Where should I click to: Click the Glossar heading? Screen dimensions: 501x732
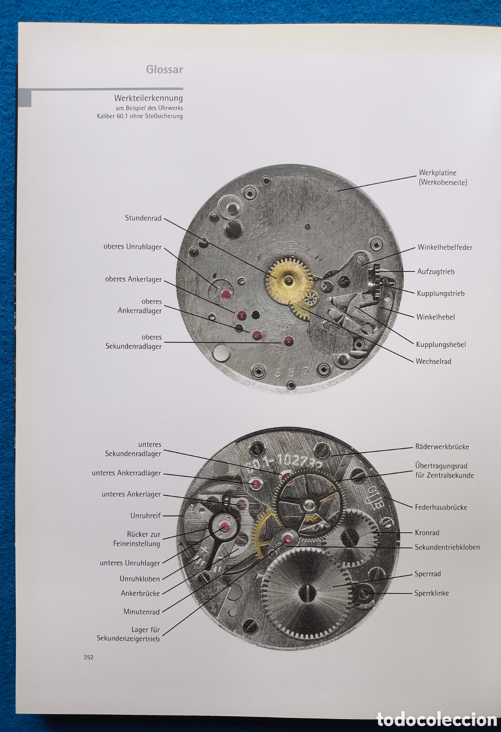click(164, 69)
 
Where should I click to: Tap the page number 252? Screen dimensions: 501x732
click(89, 657)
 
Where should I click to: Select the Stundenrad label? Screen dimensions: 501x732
click(143, 218)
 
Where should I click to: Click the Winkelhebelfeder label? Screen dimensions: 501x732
click(445, 247)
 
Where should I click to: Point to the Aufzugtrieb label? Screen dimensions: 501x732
click(436, 272)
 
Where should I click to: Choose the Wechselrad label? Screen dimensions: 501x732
click(433, 361)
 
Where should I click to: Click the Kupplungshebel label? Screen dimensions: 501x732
click(441, 345)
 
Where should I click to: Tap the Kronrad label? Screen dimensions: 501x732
click(427, 533)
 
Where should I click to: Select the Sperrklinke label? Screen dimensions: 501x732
click(432, 593)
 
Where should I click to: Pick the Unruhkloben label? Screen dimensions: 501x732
click(140, 579)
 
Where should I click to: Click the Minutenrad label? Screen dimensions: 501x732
click(142, 612)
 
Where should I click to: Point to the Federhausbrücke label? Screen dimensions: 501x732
click(441, 507)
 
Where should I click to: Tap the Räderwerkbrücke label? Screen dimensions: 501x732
click(442, 447)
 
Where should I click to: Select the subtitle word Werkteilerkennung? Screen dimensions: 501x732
click(149, 99)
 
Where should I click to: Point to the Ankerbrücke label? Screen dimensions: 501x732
click(140, 593)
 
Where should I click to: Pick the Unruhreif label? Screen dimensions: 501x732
click(145, 516)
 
